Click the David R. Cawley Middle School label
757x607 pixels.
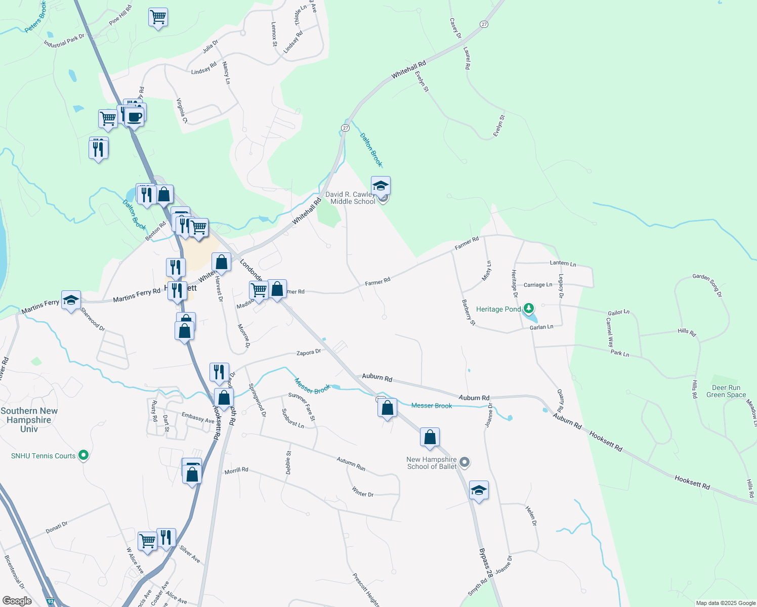click(x=350, y=198)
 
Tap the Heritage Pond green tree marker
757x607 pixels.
click(x=529, y=308)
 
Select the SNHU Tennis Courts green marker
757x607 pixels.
click(x=84, y=456)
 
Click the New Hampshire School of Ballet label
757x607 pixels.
click(x=432, y=463)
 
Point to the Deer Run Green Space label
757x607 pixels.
click(x=726, y=392)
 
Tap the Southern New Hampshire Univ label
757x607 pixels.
click(x=29, y=420)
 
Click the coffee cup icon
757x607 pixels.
click(x=134, y=116)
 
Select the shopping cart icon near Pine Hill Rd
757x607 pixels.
click(x=158, y=17)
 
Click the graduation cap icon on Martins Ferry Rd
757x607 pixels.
click(x=71, y=299)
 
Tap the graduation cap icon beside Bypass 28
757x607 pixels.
click(x=479, y=490)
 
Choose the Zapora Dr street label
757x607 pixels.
click(x=309, y=352)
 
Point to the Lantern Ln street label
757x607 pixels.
click(x=563, y=263)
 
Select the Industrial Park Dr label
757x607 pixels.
click(x=64, y=40)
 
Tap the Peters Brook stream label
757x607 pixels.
click(x=36, y=17)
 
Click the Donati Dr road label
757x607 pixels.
click(x=57, y=527)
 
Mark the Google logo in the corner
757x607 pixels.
click(x=17, y=601)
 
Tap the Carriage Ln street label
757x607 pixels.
click(x=538, y=285)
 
